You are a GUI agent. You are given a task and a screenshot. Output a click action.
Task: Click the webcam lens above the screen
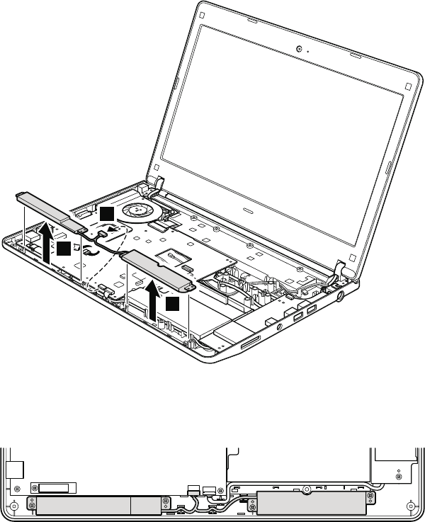[300, 49]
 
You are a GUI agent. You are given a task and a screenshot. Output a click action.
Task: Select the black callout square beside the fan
[106, 214]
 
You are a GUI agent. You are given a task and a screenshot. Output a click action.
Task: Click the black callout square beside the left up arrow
[64, 248]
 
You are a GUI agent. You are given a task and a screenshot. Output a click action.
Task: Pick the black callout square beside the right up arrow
[174, 304]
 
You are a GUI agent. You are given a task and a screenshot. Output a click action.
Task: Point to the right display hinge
[341, 267]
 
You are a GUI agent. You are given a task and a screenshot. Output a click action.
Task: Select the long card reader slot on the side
[251, 345]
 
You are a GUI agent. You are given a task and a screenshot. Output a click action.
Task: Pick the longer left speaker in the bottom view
[99, 504]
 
